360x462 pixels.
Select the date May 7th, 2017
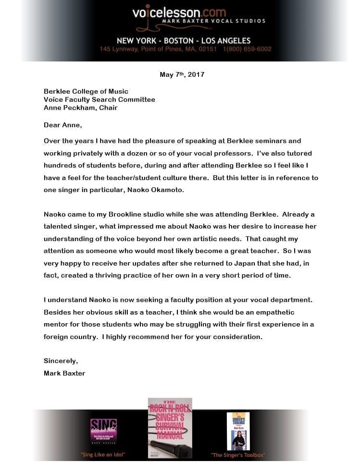tap(182, 74)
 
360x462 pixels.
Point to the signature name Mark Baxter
tap(64, 373)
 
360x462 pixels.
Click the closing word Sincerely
tap(61, 361)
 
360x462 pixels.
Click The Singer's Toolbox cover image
tap(238, 431)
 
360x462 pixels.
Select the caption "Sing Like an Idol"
tap(103, 454)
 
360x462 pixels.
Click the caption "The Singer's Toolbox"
tap(238, 454)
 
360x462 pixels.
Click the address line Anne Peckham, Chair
tap(81, 108)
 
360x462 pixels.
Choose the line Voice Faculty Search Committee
tap(99, 99)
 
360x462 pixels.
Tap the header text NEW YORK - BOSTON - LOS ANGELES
tap(184, 40)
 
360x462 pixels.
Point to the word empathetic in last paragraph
tap(268, 312)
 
